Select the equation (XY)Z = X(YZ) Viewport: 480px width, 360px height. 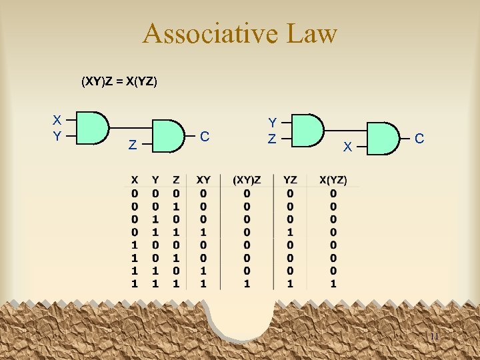click(119, 82)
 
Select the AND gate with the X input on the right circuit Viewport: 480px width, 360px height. click(383, 139)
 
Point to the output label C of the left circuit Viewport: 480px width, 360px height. click(205, 137)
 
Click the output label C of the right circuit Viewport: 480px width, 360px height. click(419, 139)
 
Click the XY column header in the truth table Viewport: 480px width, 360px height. click(203, 180)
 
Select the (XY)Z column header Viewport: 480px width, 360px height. click(247, 180)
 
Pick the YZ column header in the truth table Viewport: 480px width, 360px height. click(291, 180)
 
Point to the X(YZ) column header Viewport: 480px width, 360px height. click(333, 180)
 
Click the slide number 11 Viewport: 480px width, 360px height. click(434, 336)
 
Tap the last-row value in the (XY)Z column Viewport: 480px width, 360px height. click(247, 284)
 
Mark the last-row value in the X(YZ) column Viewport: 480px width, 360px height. click(333, 284)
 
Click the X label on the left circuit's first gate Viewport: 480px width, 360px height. click(57, 121)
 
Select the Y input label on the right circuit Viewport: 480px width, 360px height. click(272, 123)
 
